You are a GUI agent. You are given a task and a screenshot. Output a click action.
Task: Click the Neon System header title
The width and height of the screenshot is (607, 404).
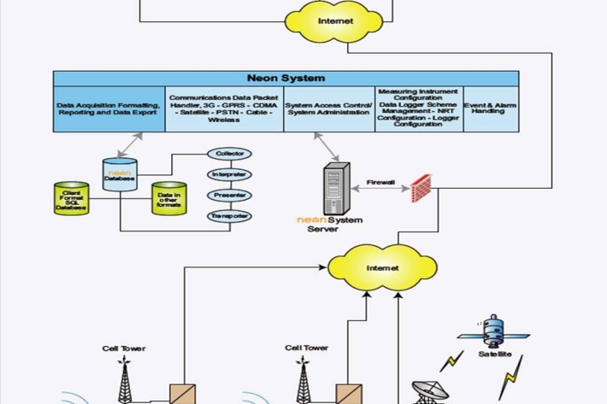(286, 78)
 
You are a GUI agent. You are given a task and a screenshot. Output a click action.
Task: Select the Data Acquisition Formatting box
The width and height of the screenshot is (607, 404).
(109, 109)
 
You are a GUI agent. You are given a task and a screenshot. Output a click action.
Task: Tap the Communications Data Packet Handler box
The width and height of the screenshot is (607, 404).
(224, 109)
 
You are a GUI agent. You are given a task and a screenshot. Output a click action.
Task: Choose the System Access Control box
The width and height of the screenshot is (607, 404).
(329, 109)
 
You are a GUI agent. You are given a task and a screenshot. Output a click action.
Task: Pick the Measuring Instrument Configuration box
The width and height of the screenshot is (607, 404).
(418, 108)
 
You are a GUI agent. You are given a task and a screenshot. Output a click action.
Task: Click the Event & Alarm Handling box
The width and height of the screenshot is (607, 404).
(490, 109)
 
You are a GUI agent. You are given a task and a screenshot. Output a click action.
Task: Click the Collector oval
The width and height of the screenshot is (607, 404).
(230, 154)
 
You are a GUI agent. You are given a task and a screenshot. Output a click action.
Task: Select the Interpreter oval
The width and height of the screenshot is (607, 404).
(230, 174)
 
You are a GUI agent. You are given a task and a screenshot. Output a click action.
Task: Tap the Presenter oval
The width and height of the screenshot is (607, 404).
(230, 195)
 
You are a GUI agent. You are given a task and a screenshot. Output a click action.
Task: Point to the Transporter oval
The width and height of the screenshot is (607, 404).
(230, 216)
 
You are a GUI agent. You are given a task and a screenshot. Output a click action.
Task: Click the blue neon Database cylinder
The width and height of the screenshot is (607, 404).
(120, 175)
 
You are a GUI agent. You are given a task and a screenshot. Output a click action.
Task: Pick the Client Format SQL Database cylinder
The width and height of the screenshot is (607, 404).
(72, 199)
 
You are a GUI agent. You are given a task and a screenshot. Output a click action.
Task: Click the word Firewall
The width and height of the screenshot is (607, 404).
(380, 182)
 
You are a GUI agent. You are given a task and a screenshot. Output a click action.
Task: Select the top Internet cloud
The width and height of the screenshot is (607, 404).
(334, 20)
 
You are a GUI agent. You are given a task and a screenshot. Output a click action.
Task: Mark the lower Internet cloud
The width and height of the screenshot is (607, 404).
(382, 268)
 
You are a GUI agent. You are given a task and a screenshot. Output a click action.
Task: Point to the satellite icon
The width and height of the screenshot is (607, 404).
(494, 332)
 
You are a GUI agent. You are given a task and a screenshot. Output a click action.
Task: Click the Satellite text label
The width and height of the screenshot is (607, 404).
(495, 354)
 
